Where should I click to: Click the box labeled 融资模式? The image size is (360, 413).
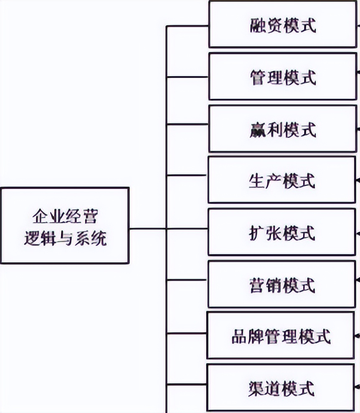coord(282,25)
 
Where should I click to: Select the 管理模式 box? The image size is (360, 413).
coord(282,76)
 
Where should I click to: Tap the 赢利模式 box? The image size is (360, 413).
coord(282,129)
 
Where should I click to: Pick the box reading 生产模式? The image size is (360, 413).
coord(282,180)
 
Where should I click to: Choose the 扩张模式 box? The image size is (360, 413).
coord(282,232)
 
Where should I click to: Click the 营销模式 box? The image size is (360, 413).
coord(282,285)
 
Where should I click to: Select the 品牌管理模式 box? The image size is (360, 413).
coord(281,335)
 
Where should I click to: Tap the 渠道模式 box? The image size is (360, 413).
coord(282,388)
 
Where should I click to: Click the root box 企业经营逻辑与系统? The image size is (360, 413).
coord(65,226)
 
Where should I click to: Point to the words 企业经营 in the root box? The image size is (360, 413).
coord(65,217)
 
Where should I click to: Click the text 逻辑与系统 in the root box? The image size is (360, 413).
coord(65,238)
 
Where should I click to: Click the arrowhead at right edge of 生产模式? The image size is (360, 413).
coord(357,180)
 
